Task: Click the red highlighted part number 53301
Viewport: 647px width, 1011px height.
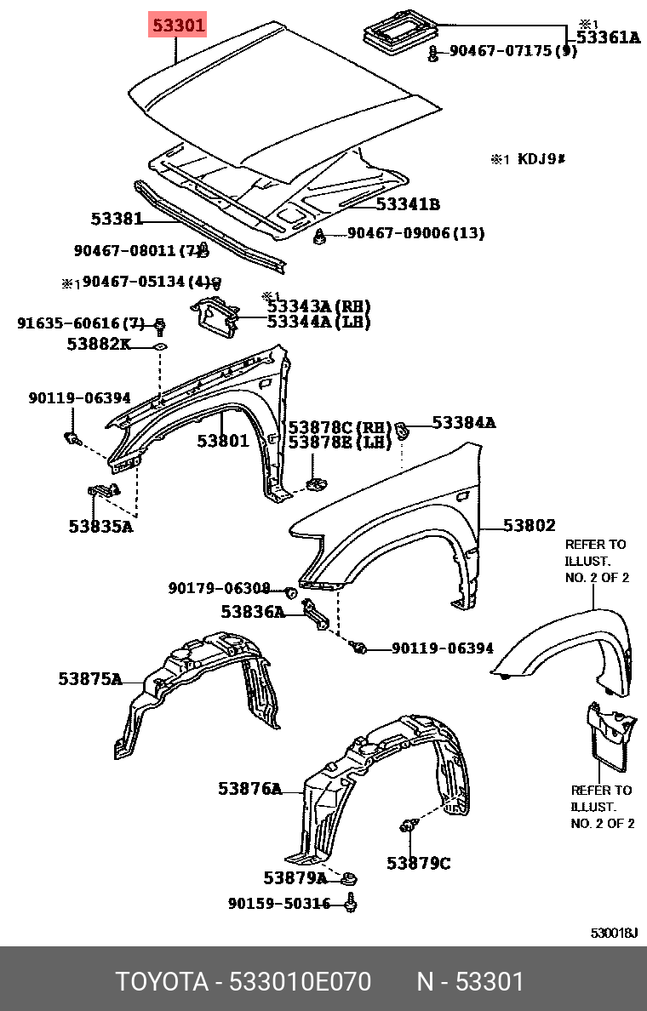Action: (x=178, y=26)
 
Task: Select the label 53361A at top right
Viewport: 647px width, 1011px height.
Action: (x=607, y=37)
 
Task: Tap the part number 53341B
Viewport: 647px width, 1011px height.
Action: (x=408, y=204)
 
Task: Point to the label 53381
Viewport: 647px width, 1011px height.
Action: (x=117, y=219)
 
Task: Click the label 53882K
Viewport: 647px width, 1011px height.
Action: (x=99, y=344)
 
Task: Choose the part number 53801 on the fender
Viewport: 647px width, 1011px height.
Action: (x=223, y=441)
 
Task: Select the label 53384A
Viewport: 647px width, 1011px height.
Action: (x=463, y=422)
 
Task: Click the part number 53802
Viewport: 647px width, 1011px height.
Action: (x=529, y=526)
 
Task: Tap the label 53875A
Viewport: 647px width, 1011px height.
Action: (x=89, y=678)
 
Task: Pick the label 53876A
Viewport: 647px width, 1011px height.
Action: (x=249, y=789)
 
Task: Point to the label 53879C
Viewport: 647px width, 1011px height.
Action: (x=418, y=863)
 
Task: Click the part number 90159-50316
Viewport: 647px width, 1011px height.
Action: (x=278, y=904)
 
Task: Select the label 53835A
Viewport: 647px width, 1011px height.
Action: (x=100, y=526)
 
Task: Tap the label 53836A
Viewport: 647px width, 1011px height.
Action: (x=253, y=612)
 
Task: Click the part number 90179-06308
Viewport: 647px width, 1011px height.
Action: (x=219, y=588)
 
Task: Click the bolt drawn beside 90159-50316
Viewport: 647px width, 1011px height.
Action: (x=351, y=903)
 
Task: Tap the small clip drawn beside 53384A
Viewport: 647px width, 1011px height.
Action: (x=405, y=431)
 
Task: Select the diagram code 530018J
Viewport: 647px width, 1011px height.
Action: (x=614, y=933)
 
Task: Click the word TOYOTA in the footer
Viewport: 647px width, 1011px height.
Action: (x=162, y=982)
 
